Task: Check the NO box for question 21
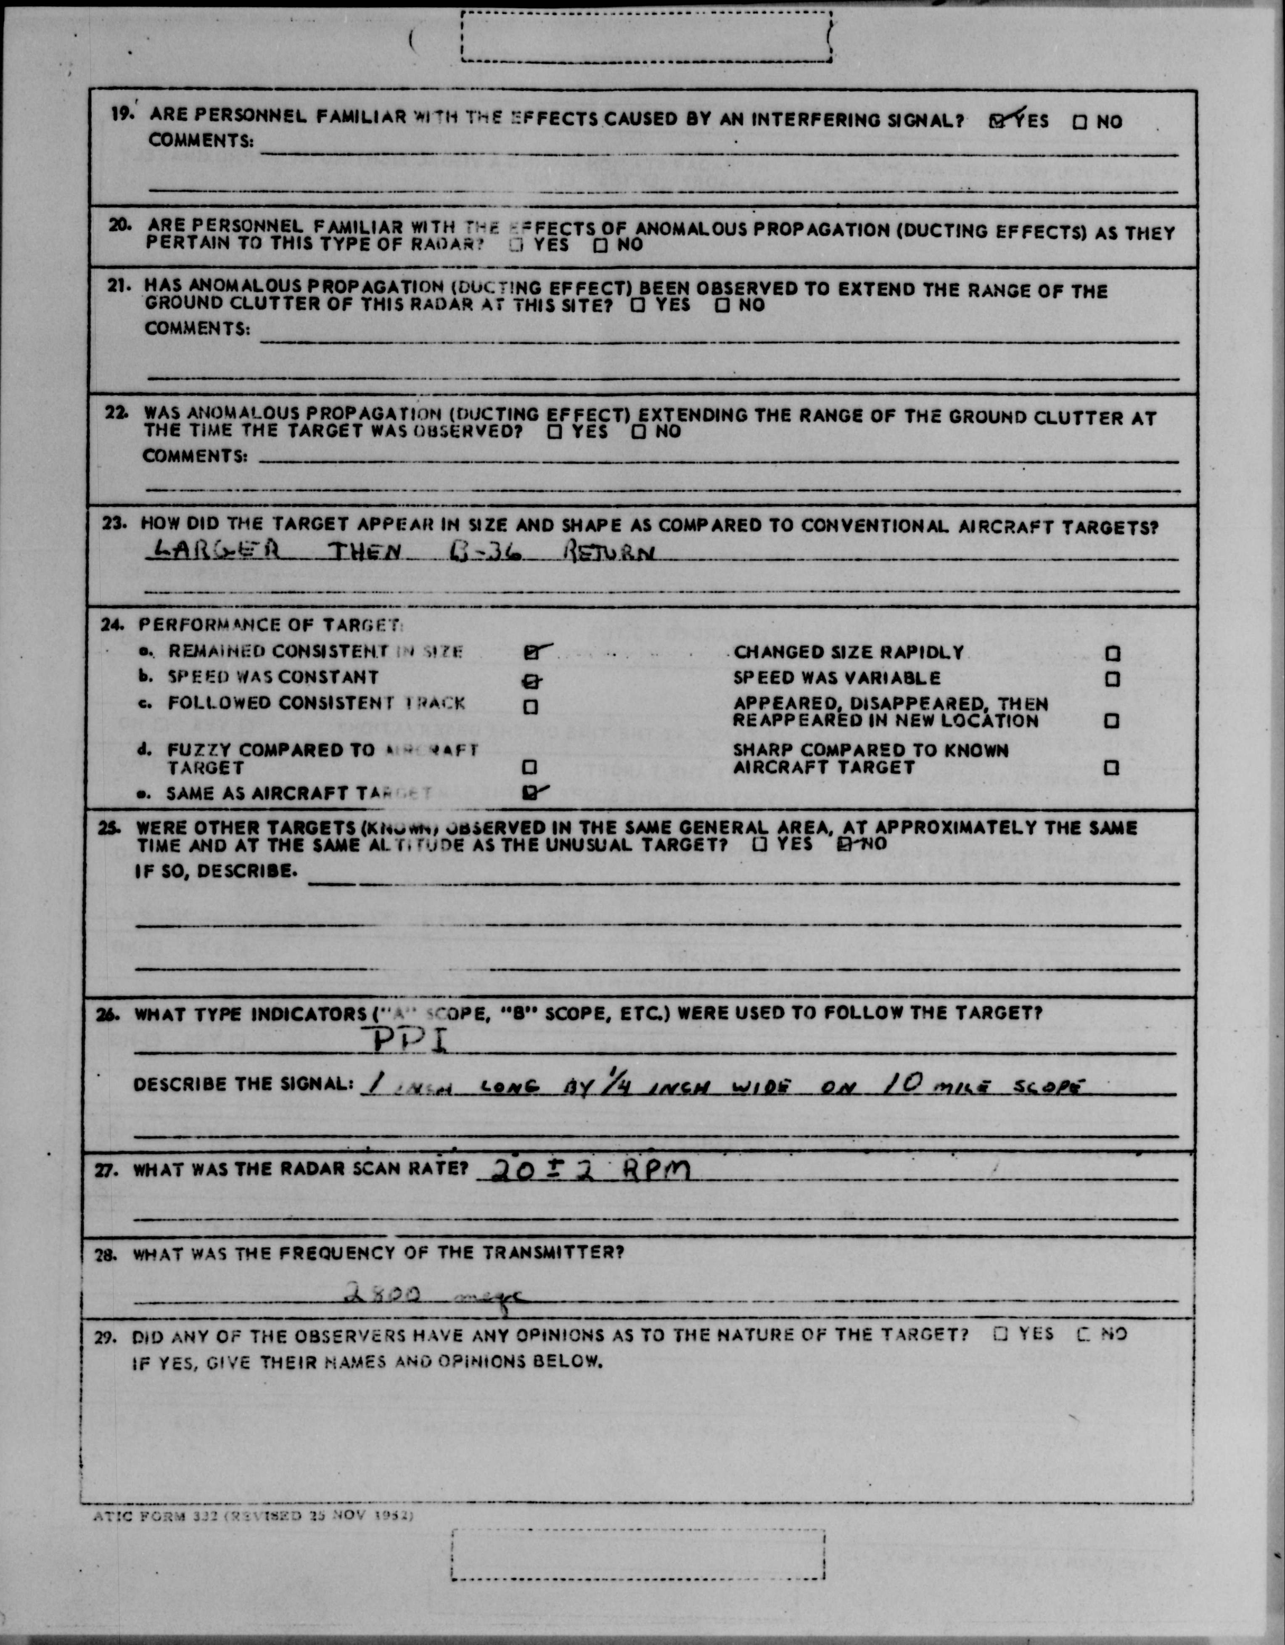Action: (x=722, y=305)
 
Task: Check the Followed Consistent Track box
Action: (x=530, y=706)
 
